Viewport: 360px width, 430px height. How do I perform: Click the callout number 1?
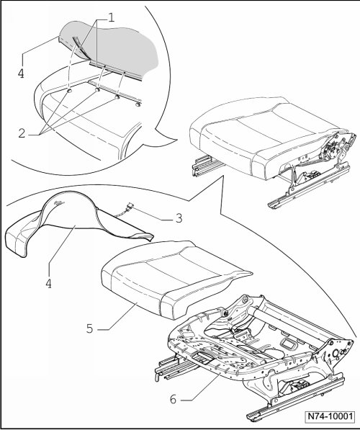tap(110, 18)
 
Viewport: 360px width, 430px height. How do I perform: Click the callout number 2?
tap(22, 133)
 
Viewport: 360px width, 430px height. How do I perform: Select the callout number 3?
tap(179, 218)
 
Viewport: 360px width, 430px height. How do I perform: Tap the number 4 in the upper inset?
tap(21, 73)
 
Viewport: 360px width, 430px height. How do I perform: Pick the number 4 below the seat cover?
tap(48, 284)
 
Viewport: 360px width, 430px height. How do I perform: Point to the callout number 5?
tap(90, 328)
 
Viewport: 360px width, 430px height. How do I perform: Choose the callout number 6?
tap(173, 399)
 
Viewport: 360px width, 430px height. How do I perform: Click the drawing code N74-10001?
tap(330, 416)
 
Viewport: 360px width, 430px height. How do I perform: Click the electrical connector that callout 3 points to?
tap(130, 206)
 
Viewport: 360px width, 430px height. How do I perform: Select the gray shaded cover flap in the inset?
tap(115, 50)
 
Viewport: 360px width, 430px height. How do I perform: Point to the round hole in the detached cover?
tap(60, 202)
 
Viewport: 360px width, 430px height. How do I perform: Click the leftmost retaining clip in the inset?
tap(69, 90)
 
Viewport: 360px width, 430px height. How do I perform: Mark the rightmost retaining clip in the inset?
tap(138, 104)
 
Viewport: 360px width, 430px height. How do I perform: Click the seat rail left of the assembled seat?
tap(207, 164)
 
